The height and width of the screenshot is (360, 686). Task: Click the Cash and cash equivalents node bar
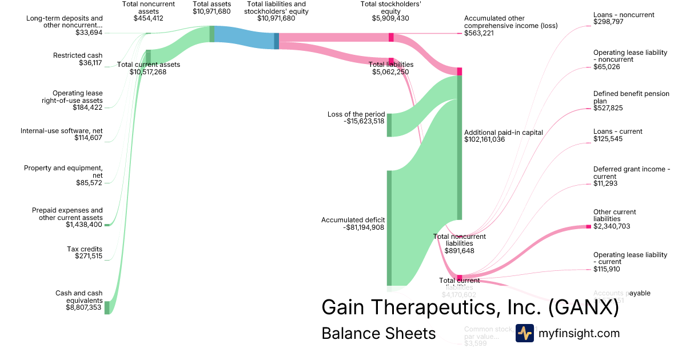click(x=107, y=307)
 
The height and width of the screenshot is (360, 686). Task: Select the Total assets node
click(x=212, y=34)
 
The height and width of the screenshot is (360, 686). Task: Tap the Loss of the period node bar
click(x=389, y=125)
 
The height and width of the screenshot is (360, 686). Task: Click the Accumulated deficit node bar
click(x=389, y=227)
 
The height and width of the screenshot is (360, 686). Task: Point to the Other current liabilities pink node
click(x=588, y=227)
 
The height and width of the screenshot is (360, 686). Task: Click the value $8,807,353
click(x=83, y=307)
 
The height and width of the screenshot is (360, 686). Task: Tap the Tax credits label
click(x=85, y=249)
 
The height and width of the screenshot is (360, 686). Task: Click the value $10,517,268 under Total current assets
click(x=148, y=72)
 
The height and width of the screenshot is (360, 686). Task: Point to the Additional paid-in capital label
click(x=504, y=132)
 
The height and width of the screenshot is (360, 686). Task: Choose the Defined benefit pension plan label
click(x=631, y=97)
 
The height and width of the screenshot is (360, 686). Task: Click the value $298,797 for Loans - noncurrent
click(x=608, y=22)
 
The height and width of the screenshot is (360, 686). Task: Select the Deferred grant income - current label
click(x=629, y=173)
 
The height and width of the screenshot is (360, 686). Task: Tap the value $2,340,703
click(x=612, y=226)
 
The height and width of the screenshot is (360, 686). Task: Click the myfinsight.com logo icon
click(x=525, y=333)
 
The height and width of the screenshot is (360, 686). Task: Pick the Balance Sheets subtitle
click(x=378, y=333)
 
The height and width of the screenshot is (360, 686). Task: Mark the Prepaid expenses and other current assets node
click(x=107, y=225)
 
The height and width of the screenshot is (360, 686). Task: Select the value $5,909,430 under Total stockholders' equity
click(x=391, y=18)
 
